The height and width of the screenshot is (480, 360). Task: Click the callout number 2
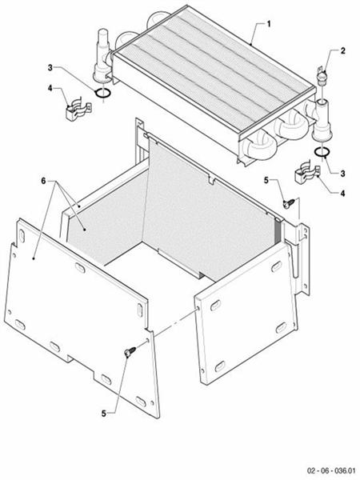[x=343, y=50]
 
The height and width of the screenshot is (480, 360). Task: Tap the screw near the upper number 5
[x=286, y=204]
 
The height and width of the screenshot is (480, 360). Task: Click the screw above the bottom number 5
[x=129, y=352]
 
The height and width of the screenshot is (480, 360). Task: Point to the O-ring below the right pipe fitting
[x=320, y=151]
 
